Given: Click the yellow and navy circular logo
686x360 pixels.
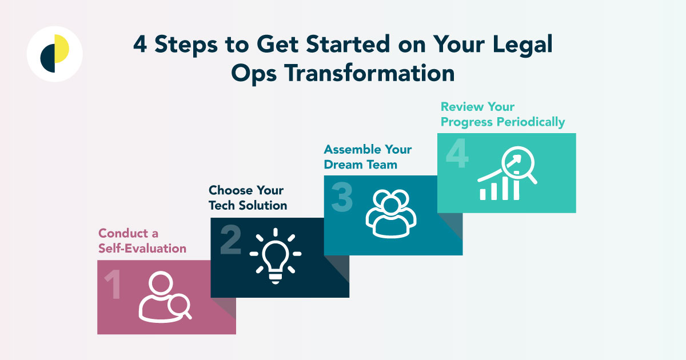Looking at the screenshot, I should pyautogui.click(x=55, y=54).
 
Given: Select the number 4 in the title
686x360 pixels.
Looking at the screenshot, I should pyautogui.click(x=139, y=45).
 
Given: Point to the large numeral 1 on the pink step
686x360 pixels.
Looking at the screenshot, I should pyautogui.click(x=113, y=286).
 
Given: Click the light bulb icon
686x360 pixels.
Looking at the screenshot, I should pyautogui.click(x=276, y=255).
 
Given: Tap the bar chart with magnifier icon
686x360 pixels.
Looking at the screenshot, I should pyautogui.click(x=508, y=175).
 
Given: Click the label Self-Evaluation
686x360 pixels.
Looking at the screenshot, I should pyautogui.click(x=142, y=249).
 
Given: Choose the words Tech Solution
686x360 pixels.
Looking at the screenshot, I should pyautogui.click(x=248, y=205).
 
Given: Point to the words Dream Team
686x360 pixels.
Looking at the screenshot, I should pyautogui.click(x=360, y=165).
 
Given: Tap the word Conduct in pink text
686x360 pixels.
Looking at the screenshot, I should pyautogui.click(x=120, y=233).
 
